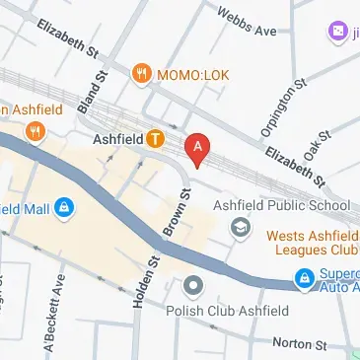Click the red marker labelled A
199,149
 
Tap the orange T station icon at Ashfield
155,139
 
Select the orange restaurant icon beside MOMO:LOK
142,72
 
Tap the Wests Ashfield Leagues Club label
312,245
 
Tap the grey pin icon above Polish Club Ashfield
193,286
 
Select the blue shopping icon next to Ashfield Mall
64,208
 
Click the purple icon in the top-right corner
337,32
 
